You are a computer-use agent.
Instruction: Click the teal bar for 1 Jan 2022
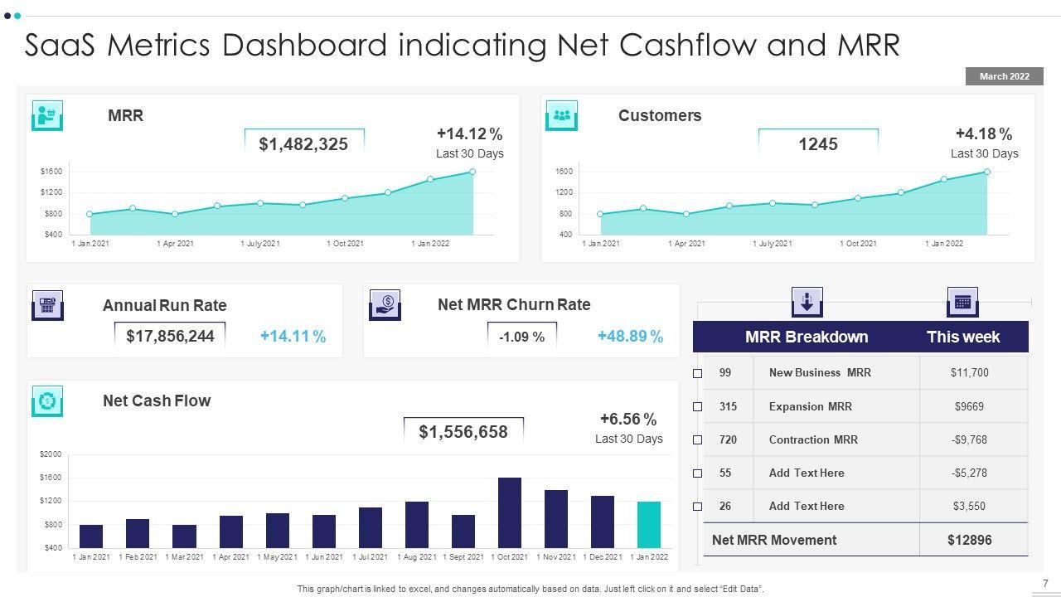[x=649, y=524]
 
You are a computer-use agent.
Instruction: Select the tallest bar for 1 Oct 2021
[x=510, y=512]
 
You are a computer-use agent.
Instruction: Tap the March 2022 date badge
[x=1004, y=76]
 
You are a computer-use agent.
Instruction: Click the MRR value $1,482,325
[x=303, y=144]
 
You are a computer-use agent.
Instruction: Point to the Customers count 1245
[x=818, y=144]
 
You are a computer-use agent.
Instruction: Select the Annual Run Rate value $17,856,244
[x=170, y=336]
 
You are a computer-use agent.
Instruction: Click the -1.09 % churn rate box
[x=522, y=337]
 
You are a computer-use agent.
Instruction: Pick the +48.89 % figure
[x=630, y=336]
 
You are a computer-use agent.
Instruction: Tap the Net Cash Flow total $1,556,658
[x=463, y=431]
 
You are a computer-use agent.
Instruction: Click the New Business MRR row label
[x=820, y=372]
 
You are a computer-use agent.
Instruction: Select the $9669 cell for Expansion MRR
[x=969, y=406]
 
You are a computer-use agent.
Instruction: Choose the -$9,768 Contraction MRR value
[x=969, y=439]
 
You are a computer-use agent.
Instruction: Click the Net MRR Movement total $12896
[x=969, y=540]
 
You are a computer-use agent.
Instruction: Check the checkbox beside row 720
[x=698, y=439]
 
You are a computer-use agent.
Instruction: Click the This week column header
[x=963, y=337]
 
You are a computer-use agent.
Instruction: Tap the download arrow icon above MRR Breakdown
[x=807, y=302]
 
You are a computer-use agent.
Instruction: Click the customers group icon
[x=562, y=115]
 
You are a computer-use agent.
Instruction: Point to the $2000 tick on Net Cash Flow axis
[x=51, y=454]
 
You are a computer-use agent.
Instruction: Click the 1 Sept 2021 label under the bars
[x=463, y=557]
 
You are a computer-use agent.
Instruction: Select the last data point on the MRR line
[x=472, y=172]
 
